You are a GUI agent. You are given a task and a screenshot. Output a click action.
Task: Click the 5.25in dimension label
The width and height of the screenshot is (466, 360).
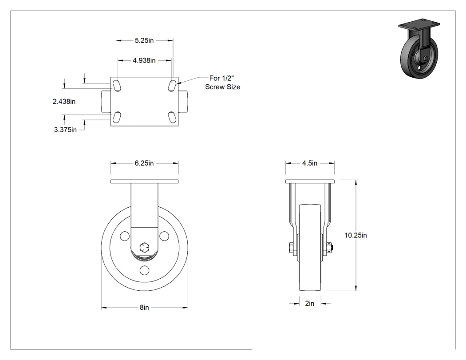[x=144, y=40]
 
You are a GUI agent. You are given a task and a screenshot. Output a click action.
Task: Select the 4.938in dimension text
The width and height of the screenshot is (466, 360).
[x=144, y=60]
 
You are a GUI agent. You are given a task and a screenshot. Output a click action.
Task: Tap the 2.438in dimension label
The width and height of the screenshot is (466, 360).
[x=64, y=102]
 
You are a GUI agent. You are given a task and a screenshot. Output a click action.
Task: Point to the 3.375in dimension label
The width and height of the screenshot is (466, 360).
[x=65, y=130]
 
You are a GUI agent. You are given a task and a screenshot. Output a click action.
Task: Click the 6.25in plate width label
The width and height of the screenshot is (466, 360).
[x=144, y=163]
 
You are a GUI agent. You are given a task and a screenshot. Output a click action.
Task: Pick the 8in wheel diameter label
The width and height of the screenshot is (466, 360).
[x=144, y=307]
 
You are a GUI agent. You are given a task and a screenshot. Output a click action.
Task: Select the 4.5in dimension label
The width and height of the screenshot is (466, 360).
[x=310, y=163]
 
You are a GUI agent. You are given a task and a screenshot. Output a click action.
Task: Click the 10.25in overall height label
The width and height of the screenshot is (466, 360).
[x=356, y=235]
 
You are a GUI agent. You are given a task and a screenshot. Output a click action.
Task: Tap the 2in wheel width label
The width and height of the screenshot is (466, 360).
[x=310, y=303]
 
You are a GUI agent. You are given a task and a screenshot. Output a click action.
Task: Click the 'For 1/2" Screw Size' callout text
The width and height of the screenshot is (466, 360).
[x=223, y=83]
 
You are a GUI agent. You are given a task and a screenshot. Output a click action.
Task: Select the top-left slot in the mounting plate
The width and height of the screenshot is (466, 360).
[x=116, y=86]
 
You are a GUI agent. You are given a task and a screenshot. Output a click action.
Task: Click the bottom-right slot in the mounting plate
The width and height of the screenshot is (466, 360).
[x=172, y=117]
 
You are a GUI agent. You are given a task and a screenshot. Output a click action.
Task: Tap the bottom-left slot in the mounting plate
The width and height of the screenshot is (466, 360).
[x=116, y=117]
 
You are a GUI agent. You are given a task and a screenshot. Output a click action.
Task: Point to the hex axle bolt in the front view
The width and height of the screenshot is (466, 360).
[x=144, y=247]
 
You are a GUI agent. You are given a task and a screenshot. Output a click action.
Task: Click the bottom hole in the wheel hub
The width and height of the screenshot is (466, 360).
[x=144, y=270]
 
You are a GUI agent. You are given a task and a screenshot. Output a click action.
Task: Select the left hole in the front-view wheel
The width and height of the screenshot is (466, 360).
[x=125, y=236]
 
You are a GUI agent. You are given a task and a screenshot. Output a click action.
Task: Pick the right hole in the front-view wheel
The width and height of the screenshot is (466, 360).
[x=164, y=236]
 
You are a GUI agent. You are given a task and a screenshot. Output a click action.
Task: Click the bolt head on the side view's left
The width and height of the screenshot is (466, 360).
[x=291, y=248]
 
